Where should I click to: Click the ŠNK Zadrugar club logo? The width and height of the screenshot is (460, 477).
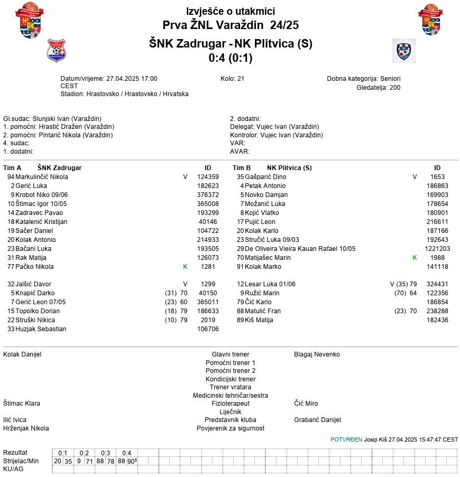(x=56, y=51)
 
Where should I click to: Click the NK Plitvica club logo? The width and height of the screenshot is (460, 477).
(x=404, y=51)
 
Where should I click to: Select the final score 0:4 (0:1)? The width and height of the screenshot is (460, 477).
(x=231, y=58)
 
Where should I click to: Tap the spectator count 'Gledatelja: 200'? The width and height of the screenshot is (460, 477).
(x=378, y=87)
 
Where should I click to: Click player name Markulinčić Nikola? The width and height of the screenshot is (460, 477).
(x=42, y=177)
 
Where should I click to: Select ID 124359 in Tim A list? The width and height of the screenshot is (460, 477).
(x=208, y=177)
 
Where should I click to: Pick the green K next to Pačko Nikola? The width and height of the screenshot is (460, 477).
(x=185, y=267)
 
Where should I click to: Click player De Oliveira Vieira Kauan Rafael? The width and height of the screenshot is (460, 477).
(x=300, y=249)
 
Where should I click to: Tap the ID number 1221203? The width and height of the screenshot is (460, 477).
(x=437, y=249)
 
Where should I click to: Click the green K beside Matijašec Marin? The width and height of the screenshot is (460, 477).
(x=415, y=258)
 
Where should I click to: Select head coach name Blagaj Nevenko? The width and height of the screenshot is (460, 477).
(x=317, y=354)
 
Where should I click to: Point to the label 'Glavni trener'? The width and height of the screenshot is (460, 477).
(x=231, y=354)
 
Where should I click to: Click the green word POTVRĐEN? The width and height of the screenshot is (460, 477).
(x=346, y=439)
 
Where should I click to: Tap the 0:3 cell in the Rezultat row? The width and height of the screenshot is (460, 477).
(x=106, y=453)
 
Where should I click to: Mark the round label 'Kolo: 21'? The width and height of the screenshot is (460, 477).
(x=232, y=79)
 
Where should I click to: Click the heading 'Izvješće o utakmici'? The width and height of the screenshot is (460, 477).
(x=231, y=11)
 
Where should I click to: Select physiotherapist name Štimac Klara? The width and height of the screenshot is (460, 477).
(x=22, y=404)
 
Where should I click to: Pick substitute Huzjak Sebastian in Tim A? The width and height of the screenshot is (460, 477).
(x=41, y=329)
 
